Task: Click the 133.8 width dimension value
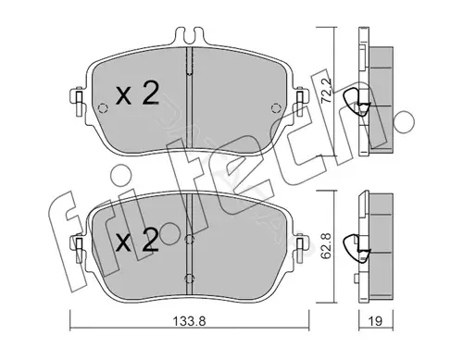pos(189,321)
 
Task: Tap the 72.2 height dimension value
pos(326,91)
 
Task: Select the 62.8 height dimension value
pos(326,245)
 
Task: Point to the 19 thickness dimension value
pos(375,321)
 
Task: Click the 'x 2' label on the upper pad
pos(137,94)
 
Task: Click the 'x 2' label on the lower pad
pos(137,241)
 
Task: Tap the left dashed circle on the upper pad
pos(102,108)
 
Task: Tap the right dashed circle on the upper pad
pos(276,108)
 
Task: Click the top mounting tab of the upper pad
pos(189,35)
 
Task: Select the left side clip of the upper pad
pos(78,102)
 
